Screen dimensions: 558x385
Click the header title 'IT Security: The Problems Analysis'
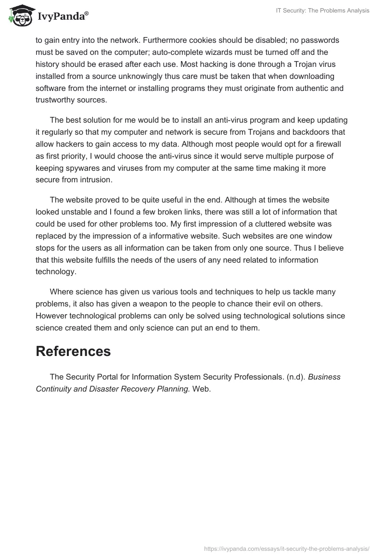tap(321, 11)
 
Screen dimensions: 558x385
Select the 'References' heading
tap(73, 351)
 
